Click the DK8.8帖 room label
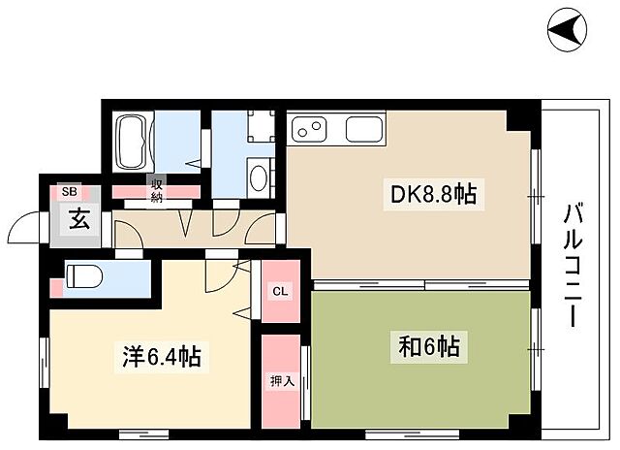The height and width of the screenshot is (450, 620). (x=433, y=195)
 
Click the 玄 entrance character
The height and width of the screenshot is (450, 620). (x=78, y=218)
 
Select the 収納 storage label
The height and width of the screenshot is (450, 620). (x=156, y=190)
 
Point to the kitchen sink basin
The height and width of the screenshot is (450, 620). (x=364, y=129)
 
